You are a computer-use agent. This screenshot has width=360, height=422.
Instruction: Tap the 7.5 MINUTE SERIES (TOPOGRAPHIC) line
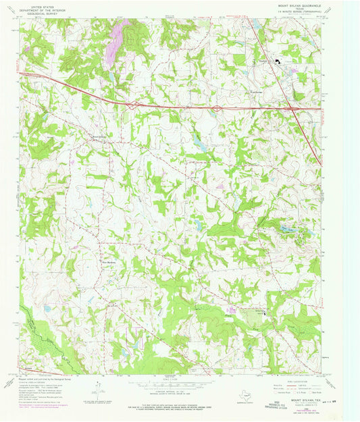[x=303, y=12]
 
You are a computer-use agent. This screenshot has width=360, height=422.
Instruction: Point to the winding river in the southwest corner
[x=41, y=331]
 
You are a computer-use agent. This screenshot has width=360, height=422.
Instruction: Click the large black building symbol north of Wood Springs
[x=276, y=62]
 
